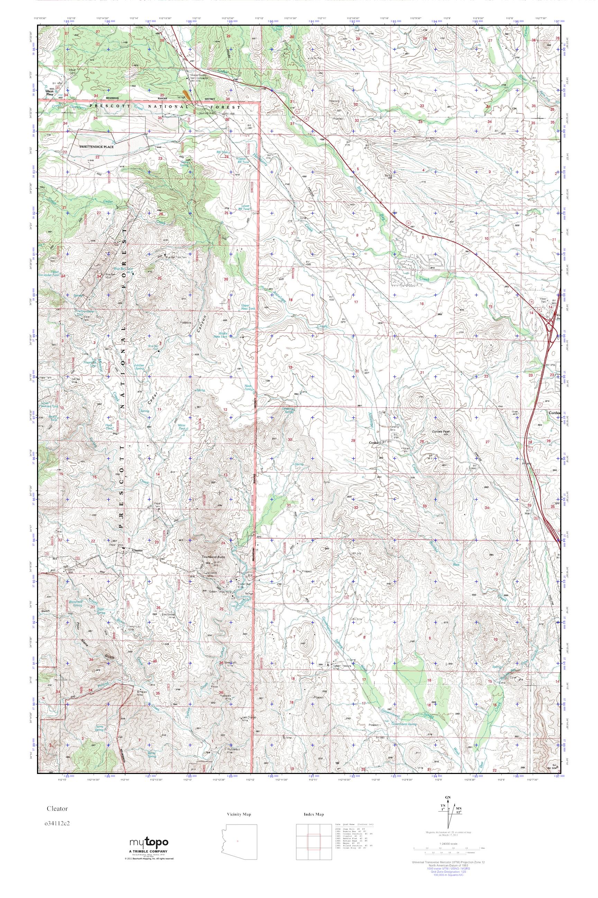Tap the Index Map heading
314,815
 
